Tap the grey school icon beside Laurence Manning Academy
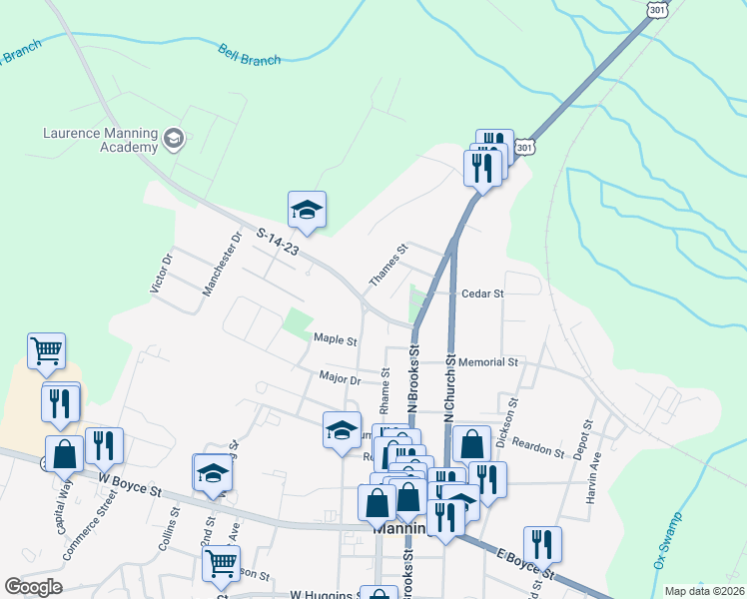pyautogui.click(x=173, y=138)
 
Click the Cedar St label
pyautogui.click(x=482, y=294)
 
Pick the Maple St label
pyautogui.click(x=335, y=340)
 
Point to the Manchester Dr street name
pyautogui.click(x=223, y=265)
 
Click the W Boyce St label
pyautogui.click(x=129, y=490)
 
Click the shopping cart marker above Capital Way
pyautogui.click(x=46, y=350)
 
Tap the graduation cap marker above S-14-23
pyautogui.click(x=308, y=209)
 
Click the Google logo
pyautogui.click(x=34, y=587)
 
